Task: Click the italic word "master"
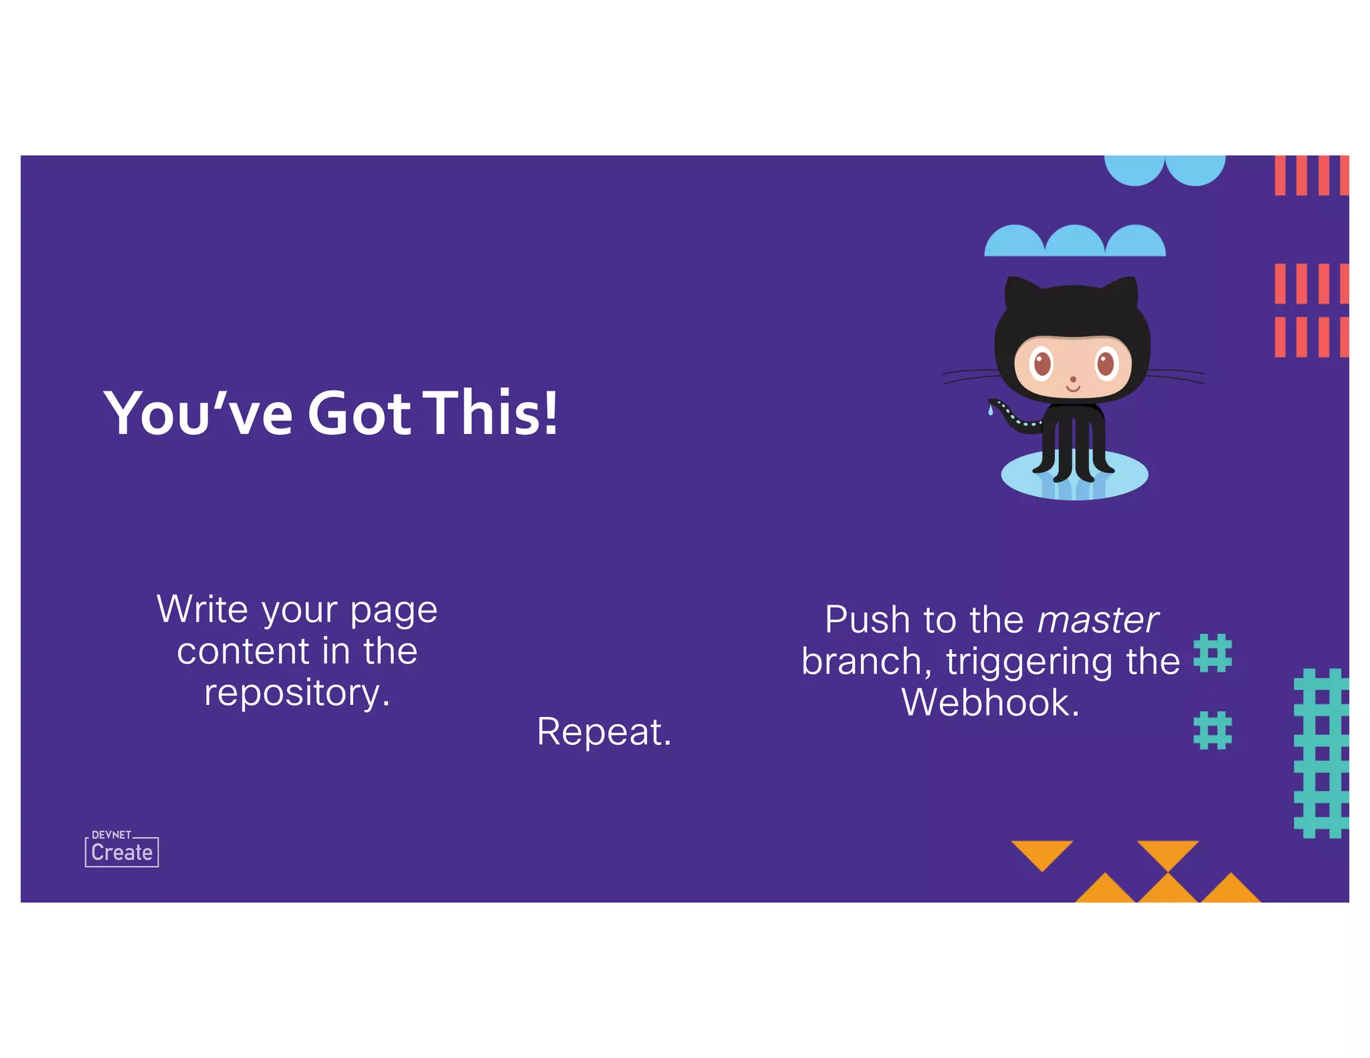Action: (x=1097, y=620)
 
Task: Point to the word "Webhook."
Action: (x=990, y=703)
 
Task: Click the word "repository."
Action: (x=297, y=693)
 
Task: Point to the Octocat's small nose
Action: (x=1073, y=379)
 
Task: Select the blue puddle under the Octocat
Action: (x=1074, y=476)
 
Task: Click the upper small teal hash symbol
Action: (x=1212, y=653)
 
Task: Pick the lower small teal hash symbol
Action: (x=1212, y=730)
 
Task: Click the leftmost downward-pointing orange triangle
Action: (x=1042, y=853)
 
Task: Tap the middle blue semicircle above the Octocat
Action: (x=1074, y=242)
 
